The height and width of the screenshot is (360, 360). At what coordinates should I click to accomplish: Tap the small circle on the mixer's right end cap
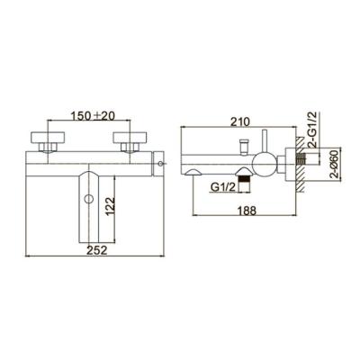[161, 164]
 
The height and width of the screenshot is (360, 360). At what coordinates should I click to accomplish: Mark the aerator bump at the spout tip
[193, 172]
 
